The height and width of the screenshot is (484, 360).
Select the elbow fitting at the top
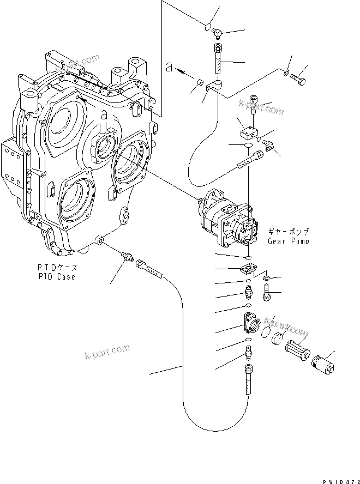[217, 34]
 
